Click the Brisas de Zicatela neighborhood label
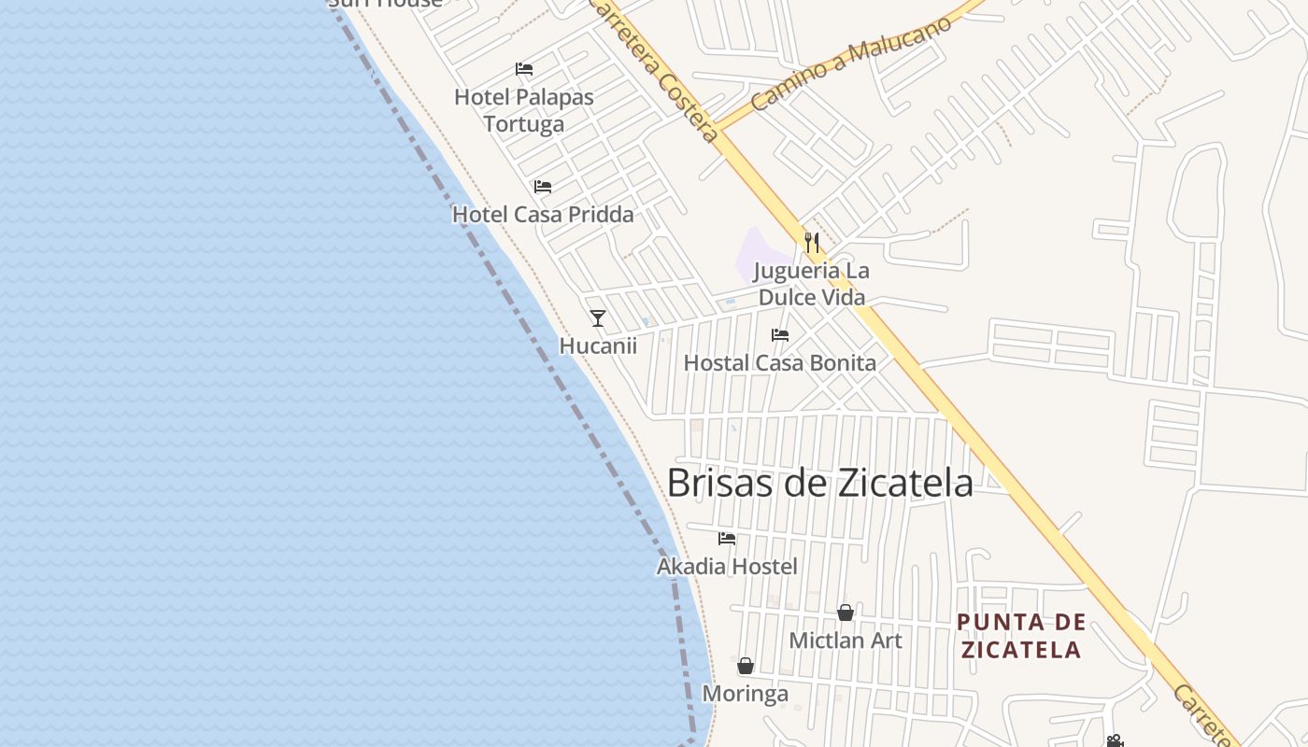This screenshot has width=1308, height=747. pos(819,483)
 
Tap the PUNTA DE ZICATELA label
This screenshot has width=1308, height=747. pos(1021,635)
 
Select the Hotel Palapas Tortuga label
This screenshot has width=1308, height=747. pos(523,110)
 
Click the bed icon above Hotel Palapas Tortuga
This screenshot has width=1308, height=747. pos(524,69)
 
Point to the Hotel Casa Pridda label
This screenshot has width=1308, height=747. pos(543,214)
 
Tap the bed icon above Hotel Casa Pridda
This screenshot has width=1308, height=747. pos(543,187)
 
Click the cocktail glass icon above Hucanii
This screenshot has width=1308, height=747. pos(598,318)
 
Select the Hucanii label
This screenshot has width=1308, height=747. pos(598,345)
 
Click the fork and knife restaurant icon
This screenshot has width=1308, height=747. pos(812,243)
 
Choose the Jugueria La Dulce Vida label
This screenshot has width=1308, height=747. pos(811,284)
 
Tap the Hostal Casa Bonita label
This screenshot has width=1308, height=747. pos(780,363)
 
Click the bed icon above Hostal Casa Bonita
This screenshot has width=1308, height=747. pos(780,335)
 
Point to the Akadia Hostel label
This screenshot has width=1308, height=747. pos(727,566)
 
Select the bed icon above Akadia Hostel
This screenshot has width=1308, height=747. pos(727,539)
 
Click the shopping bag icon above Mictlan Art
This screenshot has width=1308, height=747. pos(846,613)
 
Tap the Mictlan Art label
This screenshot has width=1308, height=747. pos(846,641)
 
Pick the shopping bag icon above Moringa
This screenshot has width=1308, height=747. pos(746,666)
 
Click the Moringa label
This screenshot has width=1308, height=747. pos(746,694)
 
